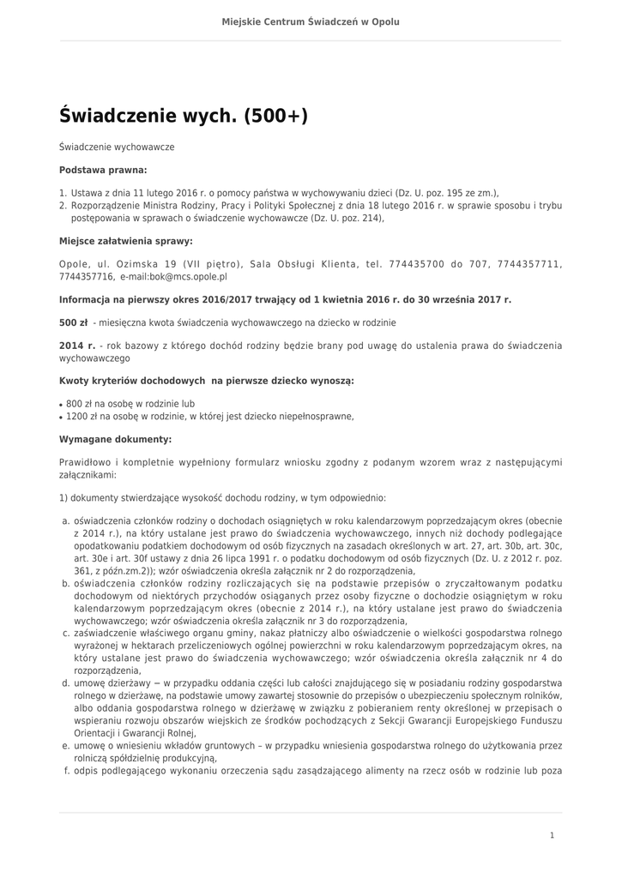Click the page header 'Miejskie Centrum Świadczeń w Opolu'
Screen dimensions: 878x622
(x=311, y=21)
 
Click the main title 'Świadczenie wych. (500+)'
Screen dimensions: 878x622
(x=183, y=115)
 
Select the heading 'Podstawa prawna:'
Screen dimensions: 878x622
(x=103, y=170)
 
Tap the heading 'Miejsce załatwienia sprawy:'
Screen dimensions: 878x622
(x=125, y=241)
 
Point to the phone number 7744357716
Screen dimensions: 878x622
(x=87, y=277)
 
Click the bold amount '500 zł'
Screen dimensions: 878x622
(x=73, y=322)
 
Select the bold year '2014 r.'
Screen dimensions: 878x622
(x=76, y=346)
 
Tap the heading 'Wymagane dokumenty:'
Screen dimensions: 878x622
(x=115, y=439)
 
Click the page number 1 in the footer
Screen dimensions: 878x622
(x=552, y=834)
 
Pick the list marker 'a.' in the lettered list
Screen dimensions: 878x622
(x=65, y=520)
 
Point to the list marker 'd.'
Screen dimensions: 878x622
(x=65, y=684)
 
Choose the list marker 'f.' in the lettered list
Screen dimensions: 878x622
(x=66, y=771)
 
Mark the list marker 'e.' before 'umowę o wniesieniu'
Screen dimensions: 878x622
(x=65, y=746)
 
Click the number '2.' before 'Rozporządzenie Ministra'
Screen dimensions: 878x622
(x=63, y=206)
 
